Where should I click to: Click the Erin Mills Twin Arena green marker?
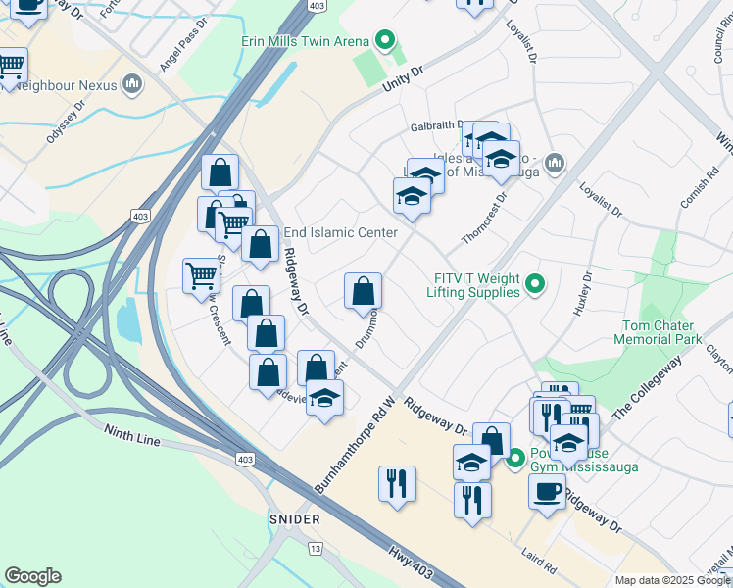pyautogui.click(x=385, y=41)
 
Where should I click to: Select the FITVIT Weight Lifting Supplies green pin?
pyautogui.click(x=534, y=285)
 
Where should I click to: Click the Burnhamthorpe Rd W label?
pyautogui.click(x=355, y=444)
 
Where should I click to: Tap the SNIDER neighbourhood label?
pyautogui.click(x=294, y=517)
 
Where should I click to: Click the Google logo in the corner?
pyautogui.click(x=32, y=576)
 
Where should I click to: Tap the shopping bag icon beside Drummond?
pyautogui.click(x=363, y=291)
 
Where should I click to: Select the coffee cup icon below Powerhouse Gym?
pyautogui.click(x=547, y=490)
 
